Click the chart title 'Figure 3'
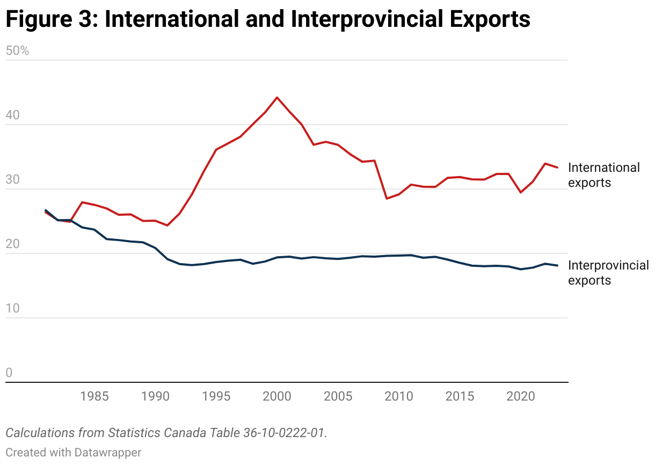click(267, 19)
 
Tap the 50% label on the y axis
click(17, 51)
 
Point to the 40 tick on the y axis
click(12, 115)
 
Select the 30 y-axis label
click(12, 180)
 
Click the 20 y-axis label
click(12, 244)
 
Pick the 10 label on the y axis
click(12, 309)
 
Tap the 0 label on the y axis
click(9, 373)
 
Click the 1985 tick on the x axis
click(94, 397)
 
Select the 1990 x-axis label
click(155, 397)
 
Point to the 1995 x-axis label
click(216, 397)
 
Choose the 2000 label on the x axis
click(277, 397)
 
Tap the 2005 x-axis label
click(338, 397)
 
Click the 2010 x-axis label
click(398, 397)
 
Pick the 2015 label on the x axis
click(460, 397)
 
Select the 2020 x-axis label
click(520, 397)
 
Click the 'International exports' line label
click(603, 175)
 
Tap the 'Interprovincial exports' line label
click(608, 273)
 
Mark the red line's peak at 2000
click(277, 98)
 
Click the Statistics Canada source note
click(166, 433)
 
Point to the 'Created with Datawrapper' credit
click(74, 453)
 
